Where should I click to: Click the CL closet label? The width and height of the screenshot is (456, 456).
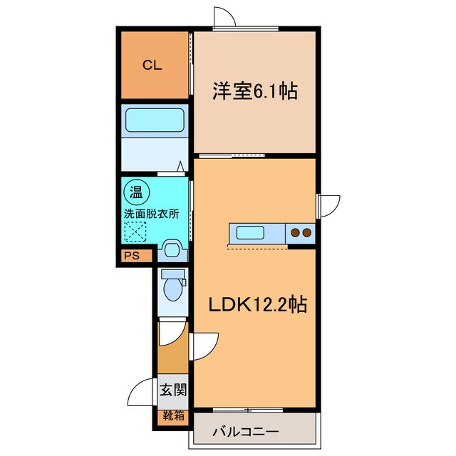pos(152,66)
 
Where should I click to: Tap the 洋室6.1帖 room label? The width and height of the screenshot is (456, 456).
pos(254,91)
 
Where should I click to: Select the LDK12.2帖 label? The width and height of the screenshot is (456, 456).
pos(257,305)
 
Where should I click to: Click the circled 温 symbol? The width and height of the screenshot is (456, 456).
pos(134,192)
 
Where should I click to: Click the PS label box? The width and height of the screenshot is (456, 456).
pos(132,256)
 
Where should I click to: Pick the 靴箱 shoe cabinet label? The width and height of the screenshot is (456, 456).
pos(172,414)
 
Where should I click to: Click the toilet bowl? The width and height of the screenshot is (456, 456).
pos(172,289)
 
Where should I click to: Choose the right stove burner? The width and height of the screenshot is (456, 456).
pos(306,232)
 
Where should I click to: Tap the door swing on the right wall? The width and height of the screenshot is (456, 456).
pos(328,204)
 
